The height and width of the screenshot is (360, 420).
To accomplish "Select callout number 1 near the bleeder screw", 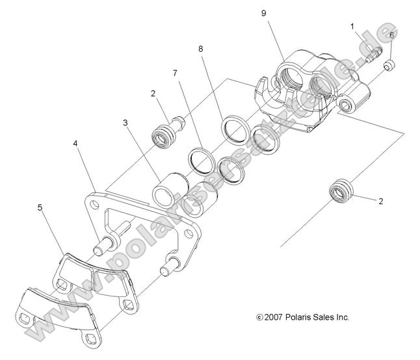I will pyautogui.click(x=353, y=27).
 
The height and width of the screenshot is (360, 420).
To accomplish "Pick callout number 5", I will pyautogui.click(x=40, y=209).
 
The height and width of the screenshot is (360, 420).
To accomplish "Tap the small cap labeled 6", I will pyautogui.click(x=389, y=64).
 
